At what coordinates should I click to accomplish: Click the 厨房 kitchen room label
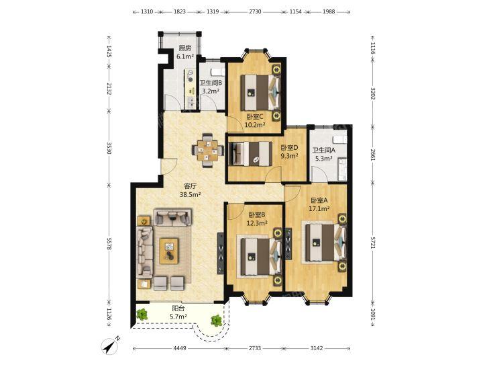(185, 48)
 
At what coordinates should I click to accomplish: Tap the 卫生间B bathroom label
(211, 83)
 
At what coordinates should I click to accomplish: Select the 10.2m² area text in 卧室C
(255, 125)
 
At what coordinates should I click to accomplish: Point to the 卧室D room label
(289, 147)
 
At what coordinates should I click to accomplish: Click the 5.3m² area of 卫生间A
(323, 159)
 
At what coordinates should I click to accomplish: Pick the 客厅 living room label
(190, 186)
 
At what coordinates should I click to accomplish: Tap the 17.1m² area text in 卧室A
(319, 208)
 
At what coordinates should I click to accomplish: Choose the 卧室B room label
(257, 214)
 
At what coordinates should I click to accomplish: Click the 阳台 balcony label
(178, 308)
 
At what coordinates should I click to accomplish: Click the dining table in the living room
(207, 151)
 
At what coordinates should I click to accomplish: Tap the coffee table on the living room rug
(169, 251)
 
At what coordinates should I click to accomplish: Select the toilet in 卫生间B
(217, 72)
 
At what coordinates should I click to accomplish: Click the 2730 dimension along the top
(255, 11)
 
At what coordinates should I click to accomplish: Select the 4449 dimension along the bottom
(180, 348)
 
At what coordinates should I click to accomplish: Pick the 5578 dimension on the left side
(109, 243)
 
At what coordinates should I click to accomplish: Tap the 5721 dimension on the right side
(372, 243)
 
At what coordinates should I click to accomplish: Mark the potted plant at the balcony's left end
(142, 315)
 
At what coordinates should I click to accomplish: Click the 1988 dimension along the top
(329, 11)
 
